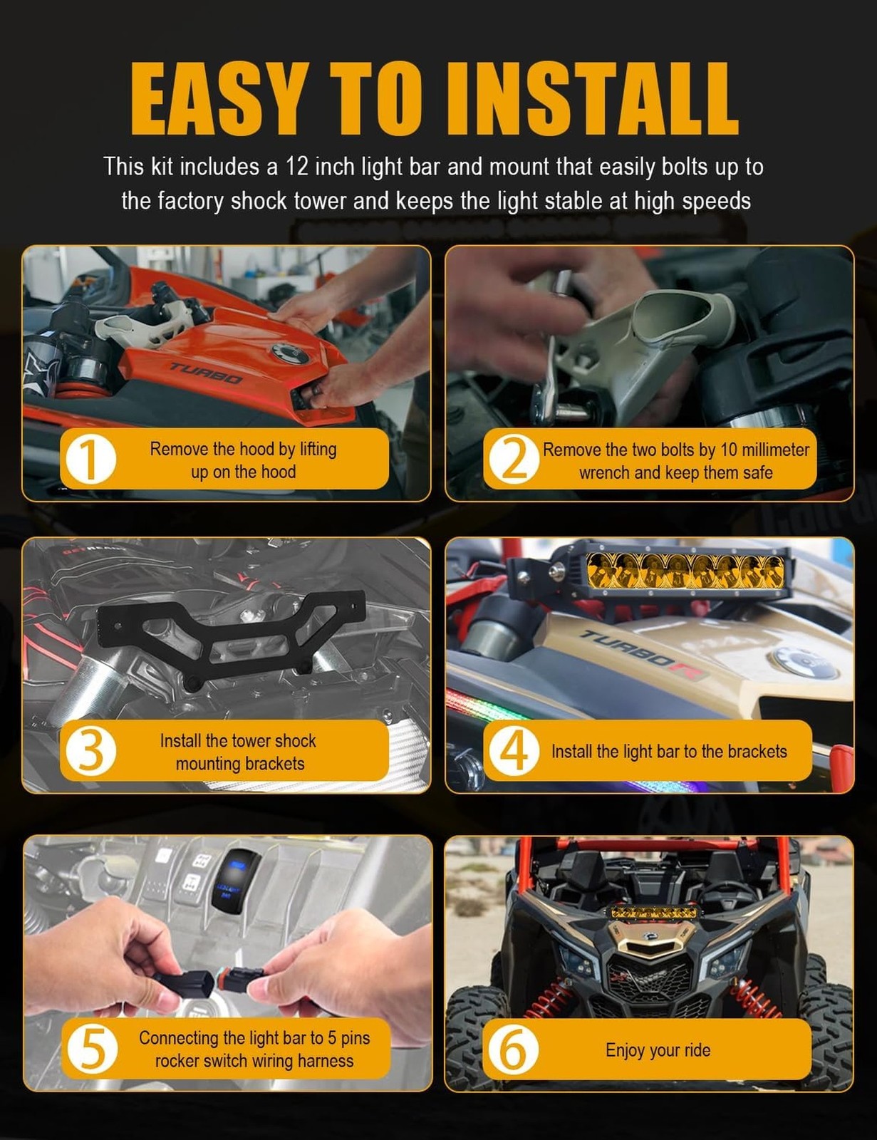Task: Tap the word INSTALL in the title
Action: click(593, 98)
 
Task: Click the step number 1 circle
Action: click(90, 460)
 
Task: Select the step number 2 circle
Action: click(514, 460)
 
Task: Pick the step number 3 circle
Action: click(90, 751)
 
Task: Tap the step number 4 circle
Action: click(514, 751)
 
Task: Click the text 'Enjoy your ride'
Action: click(658, 1050)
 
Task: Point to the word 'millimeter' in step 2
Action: click(775, 450)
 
